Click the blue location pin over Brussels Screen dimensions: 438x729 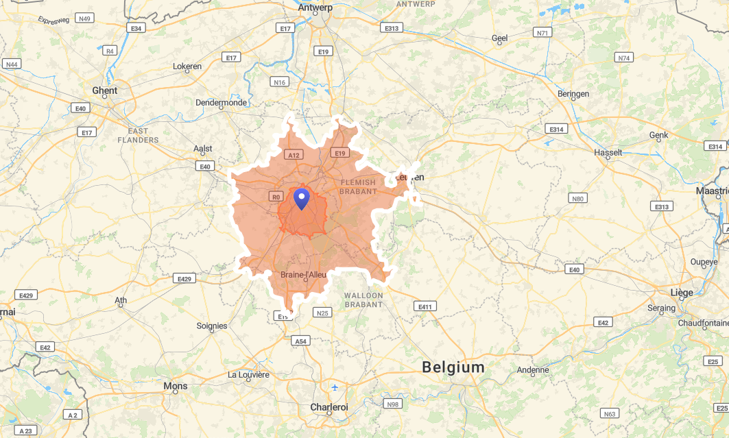[x=301, y=199]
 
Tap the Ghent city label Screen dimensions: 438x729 [x=104, y=90]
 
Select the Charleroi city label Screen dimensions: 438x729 [x=329, y=407]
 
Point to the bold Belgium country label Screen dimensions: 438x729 [x=453, y=367]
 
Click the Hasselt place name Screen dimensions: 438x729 [x=608, y=152]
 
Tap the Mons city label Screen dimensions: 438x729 [x=175, y=387]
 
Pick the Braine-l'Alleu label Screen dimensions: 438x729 [x=304, y=275]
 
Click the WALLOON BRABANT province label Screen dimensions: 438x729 [x=365, y=300]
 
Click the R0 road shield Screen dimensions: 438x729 [x=276, y=197]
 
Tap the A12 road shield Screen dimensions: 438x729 [x=294, y=155]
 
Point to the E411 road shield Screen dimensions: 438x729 [x=425, y=306]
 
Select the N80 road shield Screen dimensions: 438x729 [x=578, y=199]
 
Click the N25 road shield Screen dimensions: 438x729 [x=322, y=313]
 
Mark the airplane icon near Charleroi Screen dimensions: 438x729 [x=335, y=387]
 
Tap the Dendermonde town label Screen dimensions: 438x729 [x=221, y=103]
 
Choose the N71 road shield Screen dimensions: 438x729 [x=543, y=33]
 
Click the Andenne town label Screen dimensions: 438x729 [x=533, y=370]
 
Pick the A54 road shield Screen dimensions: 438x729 [x=300, y=341]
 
